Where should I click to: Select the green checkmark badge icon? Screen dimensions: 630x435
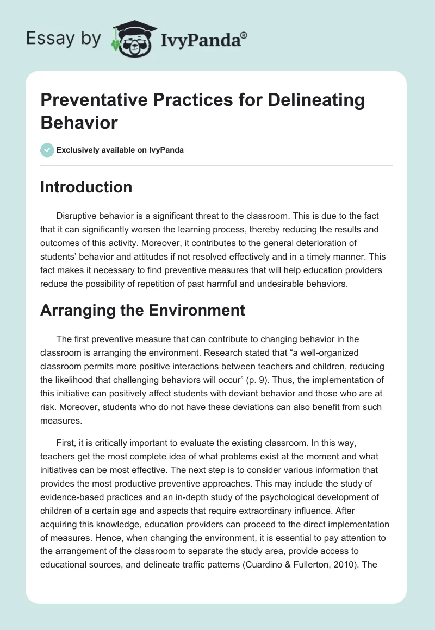(47, 150)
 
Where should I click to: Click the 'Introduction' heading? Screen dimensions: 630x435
(86, 187)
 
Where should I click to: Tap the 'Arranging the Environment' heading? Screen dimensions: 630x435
(142, 310)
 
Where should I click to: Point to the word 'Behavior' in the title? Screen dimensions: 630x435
(79, 123)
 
